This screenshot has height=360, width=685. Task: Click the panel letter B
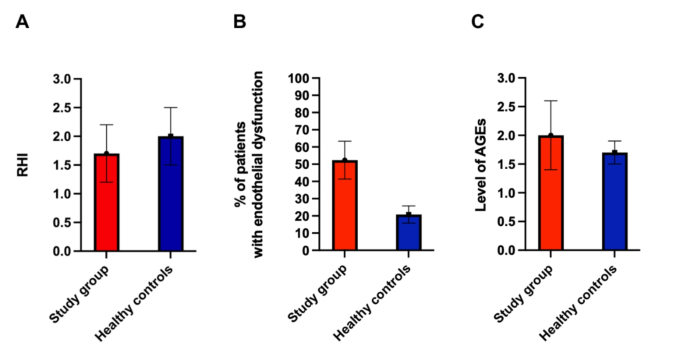[239, 21]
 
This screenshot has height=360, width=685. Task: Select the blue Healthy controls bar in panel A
[171, 193]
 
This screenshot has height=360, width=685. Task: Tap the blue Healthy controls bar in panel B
[407, 232]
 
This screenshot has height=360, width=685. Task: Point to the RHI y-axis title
[21, 164]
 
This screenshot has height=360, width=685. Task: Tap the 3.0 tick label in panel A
[61, 78]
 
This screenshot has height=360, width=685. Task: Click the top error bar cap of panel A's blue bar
[171, 107]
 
